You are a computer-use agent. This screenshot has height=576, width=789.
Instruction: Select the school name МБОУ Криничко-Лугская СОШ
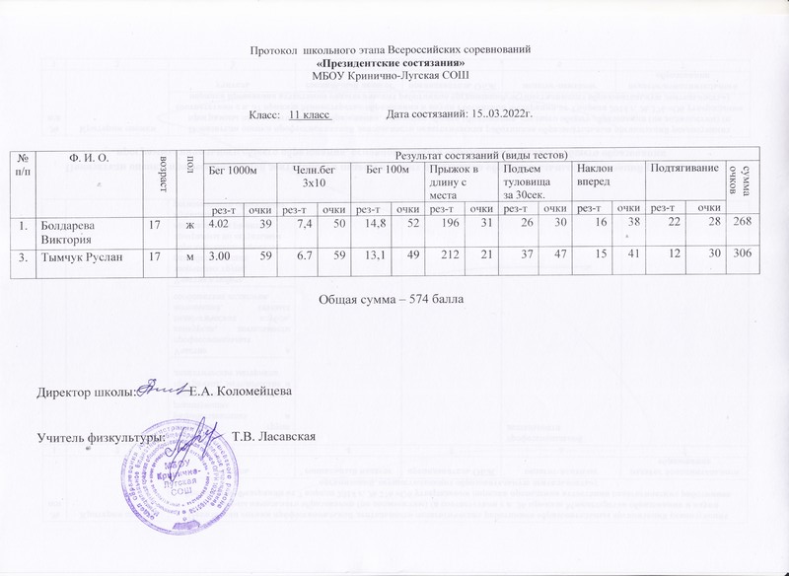click(x=392, y=75)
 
